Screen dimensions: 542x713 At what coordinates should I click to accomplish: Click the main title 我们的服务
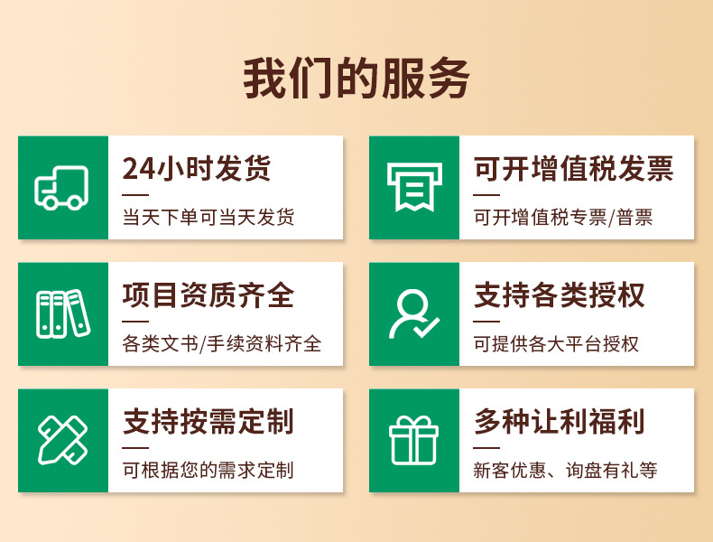coord(356,79)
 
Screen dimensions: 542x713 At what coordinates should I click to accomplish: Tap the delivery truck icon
coord(61,188)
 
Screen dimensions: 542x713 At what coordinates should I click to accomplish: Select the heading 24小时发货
coord(196,169)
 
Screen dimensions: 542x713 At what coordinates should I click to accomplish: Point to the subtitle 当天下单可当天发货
coord(208,218)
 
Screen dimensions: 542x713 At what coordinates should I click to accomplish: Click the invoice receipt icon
coord(413,188)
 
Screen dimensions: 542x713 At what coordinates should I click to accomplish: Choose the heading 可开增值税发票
coord(573,169)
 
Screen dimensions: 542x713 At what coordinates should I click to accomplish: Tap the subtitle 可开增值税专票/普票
coord(563,218)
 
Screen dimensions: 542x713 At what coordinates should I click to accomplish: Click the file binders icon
coord(61,314)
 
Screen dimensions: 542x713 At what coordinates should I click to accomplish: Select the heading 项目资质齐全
coord(208,295)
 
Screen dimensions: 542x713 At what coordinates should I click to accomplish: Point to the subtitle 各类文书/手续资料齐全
coord(221,344)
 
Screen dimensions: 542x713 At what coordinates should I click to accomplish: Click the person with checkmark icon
coord(413,314)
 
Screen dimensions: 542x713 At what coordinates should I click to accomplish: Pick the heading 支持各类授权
coord(560,295)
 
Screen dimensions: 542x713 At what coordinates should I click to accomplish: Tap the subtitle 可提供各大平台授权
coord(556,344)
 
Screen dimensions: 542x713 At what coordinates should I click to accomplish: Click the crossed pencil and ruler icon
coord(61,441)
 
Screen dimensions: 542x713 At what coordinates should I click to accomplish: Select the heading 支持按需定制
coord(208,422)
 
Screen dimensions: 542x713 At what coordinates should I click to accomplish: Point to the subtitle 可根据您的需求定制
coord(208,471)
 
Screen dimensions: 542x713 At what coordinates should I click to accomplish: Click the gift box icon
coord(413,441)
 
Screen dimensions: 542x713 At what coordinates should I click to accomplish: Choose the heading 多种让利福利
coord(560,422)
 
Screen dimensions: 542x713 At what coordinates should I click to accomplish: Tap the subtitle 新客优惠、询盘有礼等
coord(565,471)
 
